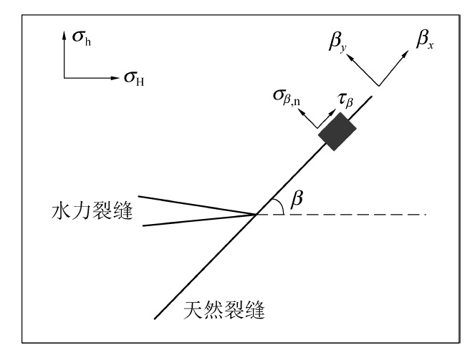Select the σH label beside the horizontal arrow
click(133, 77)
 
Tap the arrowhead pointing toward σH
click(116, 75)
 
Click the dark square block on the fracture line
click(337, 130)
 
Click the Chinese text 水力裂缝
click(95, 213)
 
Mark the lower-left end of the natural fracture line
click(154, 318)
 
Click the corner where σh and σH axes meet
click(64, 75)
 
